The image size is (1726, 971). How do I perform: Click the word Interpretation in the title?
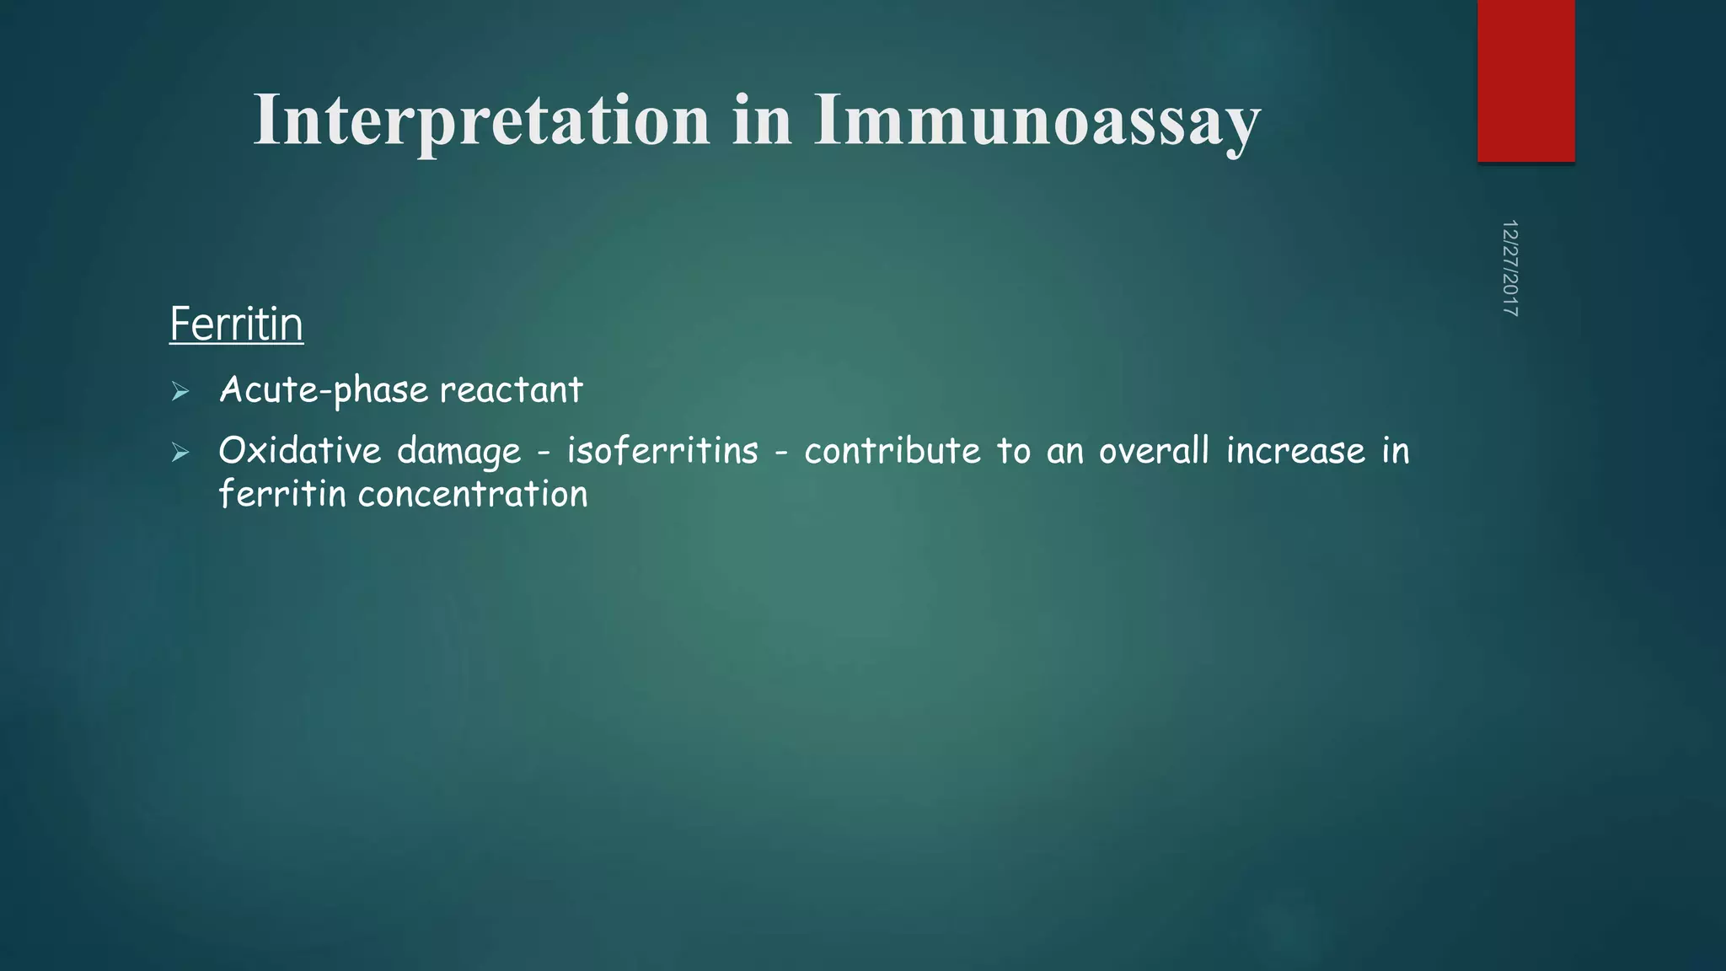(x=481, y=121)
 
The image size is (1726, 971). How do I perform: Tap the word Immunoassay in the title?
(x=1037, y=121)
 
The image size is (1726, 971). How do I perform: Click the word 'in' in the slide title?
(x=762, y=121)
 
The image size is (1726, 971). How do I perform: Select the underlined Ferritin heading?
(x=236, y=325)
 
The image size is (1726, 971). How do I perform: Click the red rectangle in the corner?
(x=1525, y=80)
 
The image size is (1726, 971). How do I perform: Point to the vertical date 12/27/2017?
(x=1509, y=268)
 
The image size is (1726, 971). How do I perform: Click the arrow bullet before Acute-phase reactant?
(x=180, y=391)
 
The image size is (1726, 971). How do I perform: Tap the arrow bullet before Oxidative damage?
(x=180, y=453)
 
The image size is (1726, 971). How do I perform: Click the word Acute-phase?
(x=324, y=390)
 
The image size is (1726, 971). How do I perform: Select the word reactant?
(x=511, y=390)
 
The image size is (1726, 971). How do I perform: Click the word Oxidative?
(x=299, y=451)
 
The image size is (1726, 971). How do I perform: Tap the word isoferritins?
(x=662, y=451)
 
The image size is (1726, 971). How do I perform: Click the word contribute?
(x=892, y=451)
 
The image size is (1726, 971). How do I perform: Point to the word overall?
(x=1154, y=451)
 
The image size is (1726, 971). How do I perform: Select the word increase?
(x=1295, y=451)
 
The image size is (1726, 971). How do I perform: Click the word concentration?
(x=473, y=495)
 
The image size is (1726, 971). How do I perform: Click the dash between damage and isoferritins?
(x=544, y=453)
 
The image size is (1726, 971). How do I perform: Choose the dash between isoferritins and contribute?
(x=781, y=453)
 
